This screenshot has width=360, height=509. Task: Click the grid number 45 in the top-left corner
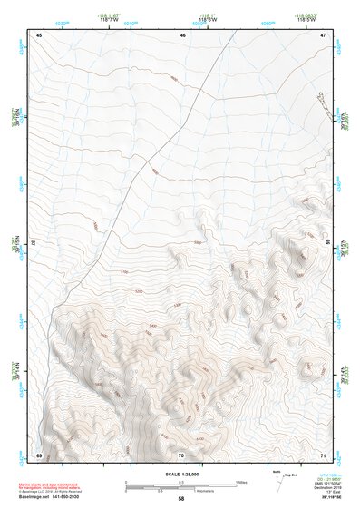pyautogui.click(x=39, y=34)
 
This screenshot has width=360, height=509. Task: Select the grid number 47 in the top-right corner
pyautogui.click(x=324, y=34)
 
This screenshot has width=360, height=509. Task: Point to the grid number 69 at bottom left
pyautogui.click(x=39, y=454)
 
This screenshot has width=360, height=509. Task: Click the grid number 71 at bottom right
pyautogui.click(x=324, y=454)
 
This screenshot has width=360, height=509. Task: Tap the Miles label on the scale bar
pyautogui.click(x=242, y=481)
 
